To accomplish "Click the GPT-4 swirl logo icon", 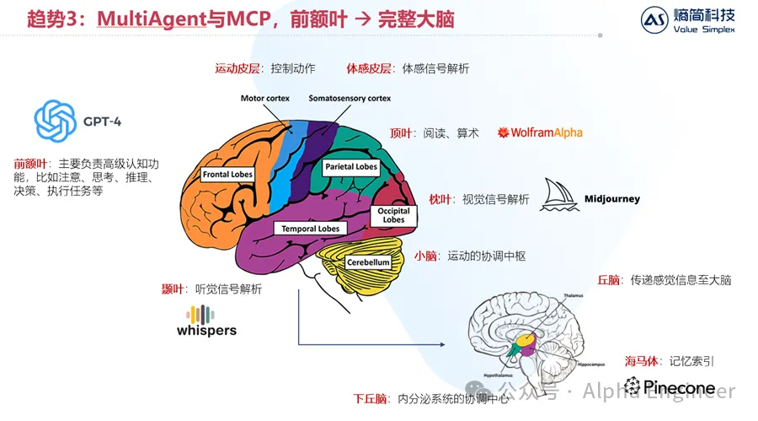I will pyautogui.click(x=56, y=121).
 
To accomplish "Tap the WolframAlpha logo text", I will pyautogui.click(x=541, y=132).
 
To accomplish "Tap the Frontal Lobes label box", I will pyautogui.click(x=227, y=175).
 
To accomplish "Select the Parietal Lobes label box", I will pyautogui.click(x=351, y=167).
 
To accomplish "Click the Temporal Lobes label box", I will pyautogui.click(x=310, y=229).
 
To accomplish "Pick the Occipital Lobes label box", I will pyautogui.click(x=393, y=215).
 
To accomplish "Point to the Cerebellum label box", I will pyautogui.click(x=368, y=262).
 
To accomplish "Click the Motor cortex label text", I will pyautogui.click(x=264, y=99).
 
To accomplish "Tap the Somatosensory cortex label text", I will pyautogui.click(x=350, y=99).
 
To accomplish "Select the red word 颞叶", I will pyautogui.click(x=173, y=289).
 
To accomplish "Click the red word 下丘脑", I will pyautogui.click(x=370, y=398).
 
